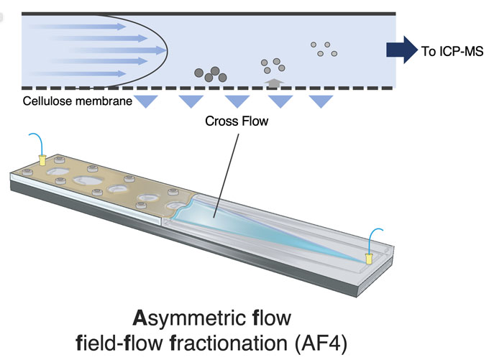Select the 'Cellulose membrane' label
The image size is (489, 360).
click(x=78, y=101)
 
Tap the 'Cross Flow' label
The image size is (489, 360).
click(x=237, y=121)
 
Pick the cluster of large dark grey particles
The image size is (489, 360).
click(x=209, y=73)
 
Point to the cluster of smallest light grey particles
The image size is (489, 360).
click(x=324, y=49)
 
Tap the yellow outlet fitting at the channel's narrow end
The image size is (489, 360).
click(x=368, y=257)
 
